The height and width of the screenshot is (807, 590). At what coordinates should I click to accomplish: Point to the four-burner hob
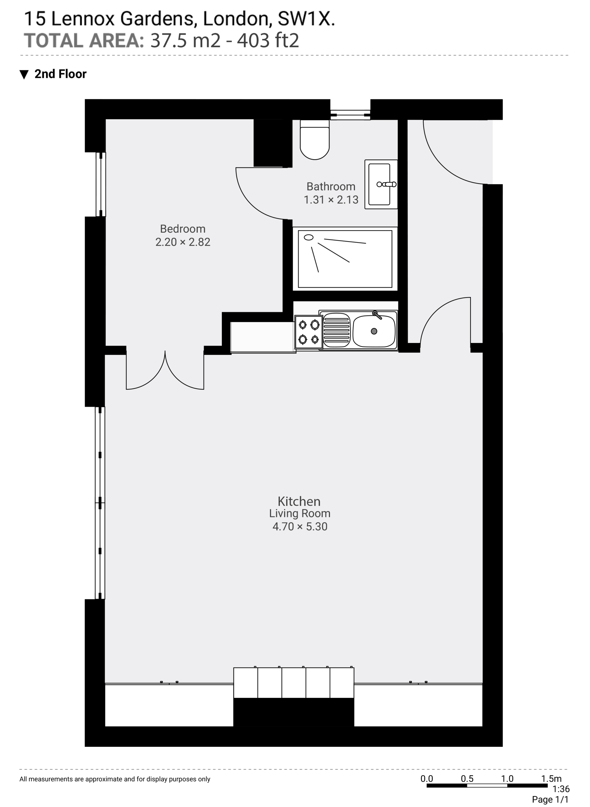point(309,332)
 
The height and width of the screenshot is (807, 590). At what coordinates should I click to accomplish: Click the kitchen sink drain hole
point(374,331)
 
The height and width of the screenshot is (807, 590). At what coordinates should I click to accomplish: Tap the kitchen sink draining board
point(336,330)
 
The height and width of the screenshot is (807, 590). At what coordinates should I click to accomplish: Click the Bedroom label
point(182,229)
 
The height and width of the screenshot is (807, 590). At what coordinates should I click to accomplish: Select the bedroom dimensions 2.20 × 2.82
point(182,242)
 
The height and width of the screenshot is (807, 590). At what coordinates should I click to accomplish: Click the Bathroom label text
point(331,187)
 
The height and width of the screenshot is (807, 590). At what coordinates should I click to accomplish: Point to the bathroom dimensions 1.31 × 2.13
point(331,200)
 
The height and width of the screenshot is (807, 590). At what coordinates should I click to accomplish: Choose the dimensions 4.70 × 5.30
point(300,526)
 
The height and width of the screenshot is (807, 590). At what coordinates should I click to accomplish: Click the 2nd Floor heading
point(61,74)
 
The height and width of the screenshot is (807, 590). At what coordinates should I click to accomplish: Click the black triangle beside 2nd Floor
point(24,74)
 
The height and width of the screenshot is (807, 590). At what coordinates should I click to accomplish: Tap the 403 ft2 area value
point(268,40)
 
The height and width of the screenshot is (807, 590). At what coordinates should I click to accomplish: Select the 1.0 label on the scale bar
point(507,778)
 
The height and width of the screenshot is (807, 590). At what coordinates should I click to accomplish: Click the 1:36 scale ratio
point(561,789)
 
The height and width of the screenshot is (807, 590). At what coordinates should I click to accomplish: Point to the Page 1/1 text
point(550,799)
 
